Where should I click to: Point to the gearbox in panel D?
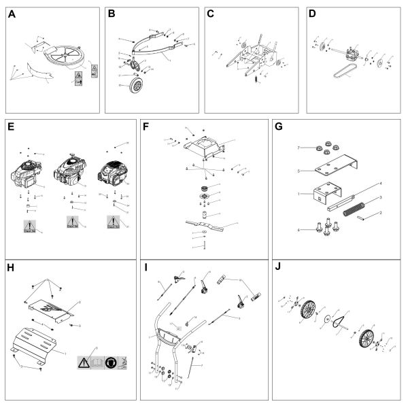[x=352, y=56]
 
